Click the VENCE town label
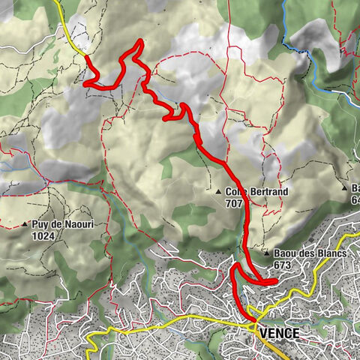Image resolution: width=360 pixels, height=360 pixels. coord(278,333)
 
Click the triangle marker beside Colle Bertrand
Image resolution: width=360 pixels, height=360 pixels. coord(217,192)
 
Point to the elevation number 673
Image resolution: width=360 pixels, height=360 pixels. coord(283,265)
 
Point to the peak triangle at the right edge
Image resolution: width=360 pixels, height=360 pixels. coord(344,187)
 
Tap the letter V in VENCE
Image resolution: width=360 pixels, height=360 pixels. coord(262,333)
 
